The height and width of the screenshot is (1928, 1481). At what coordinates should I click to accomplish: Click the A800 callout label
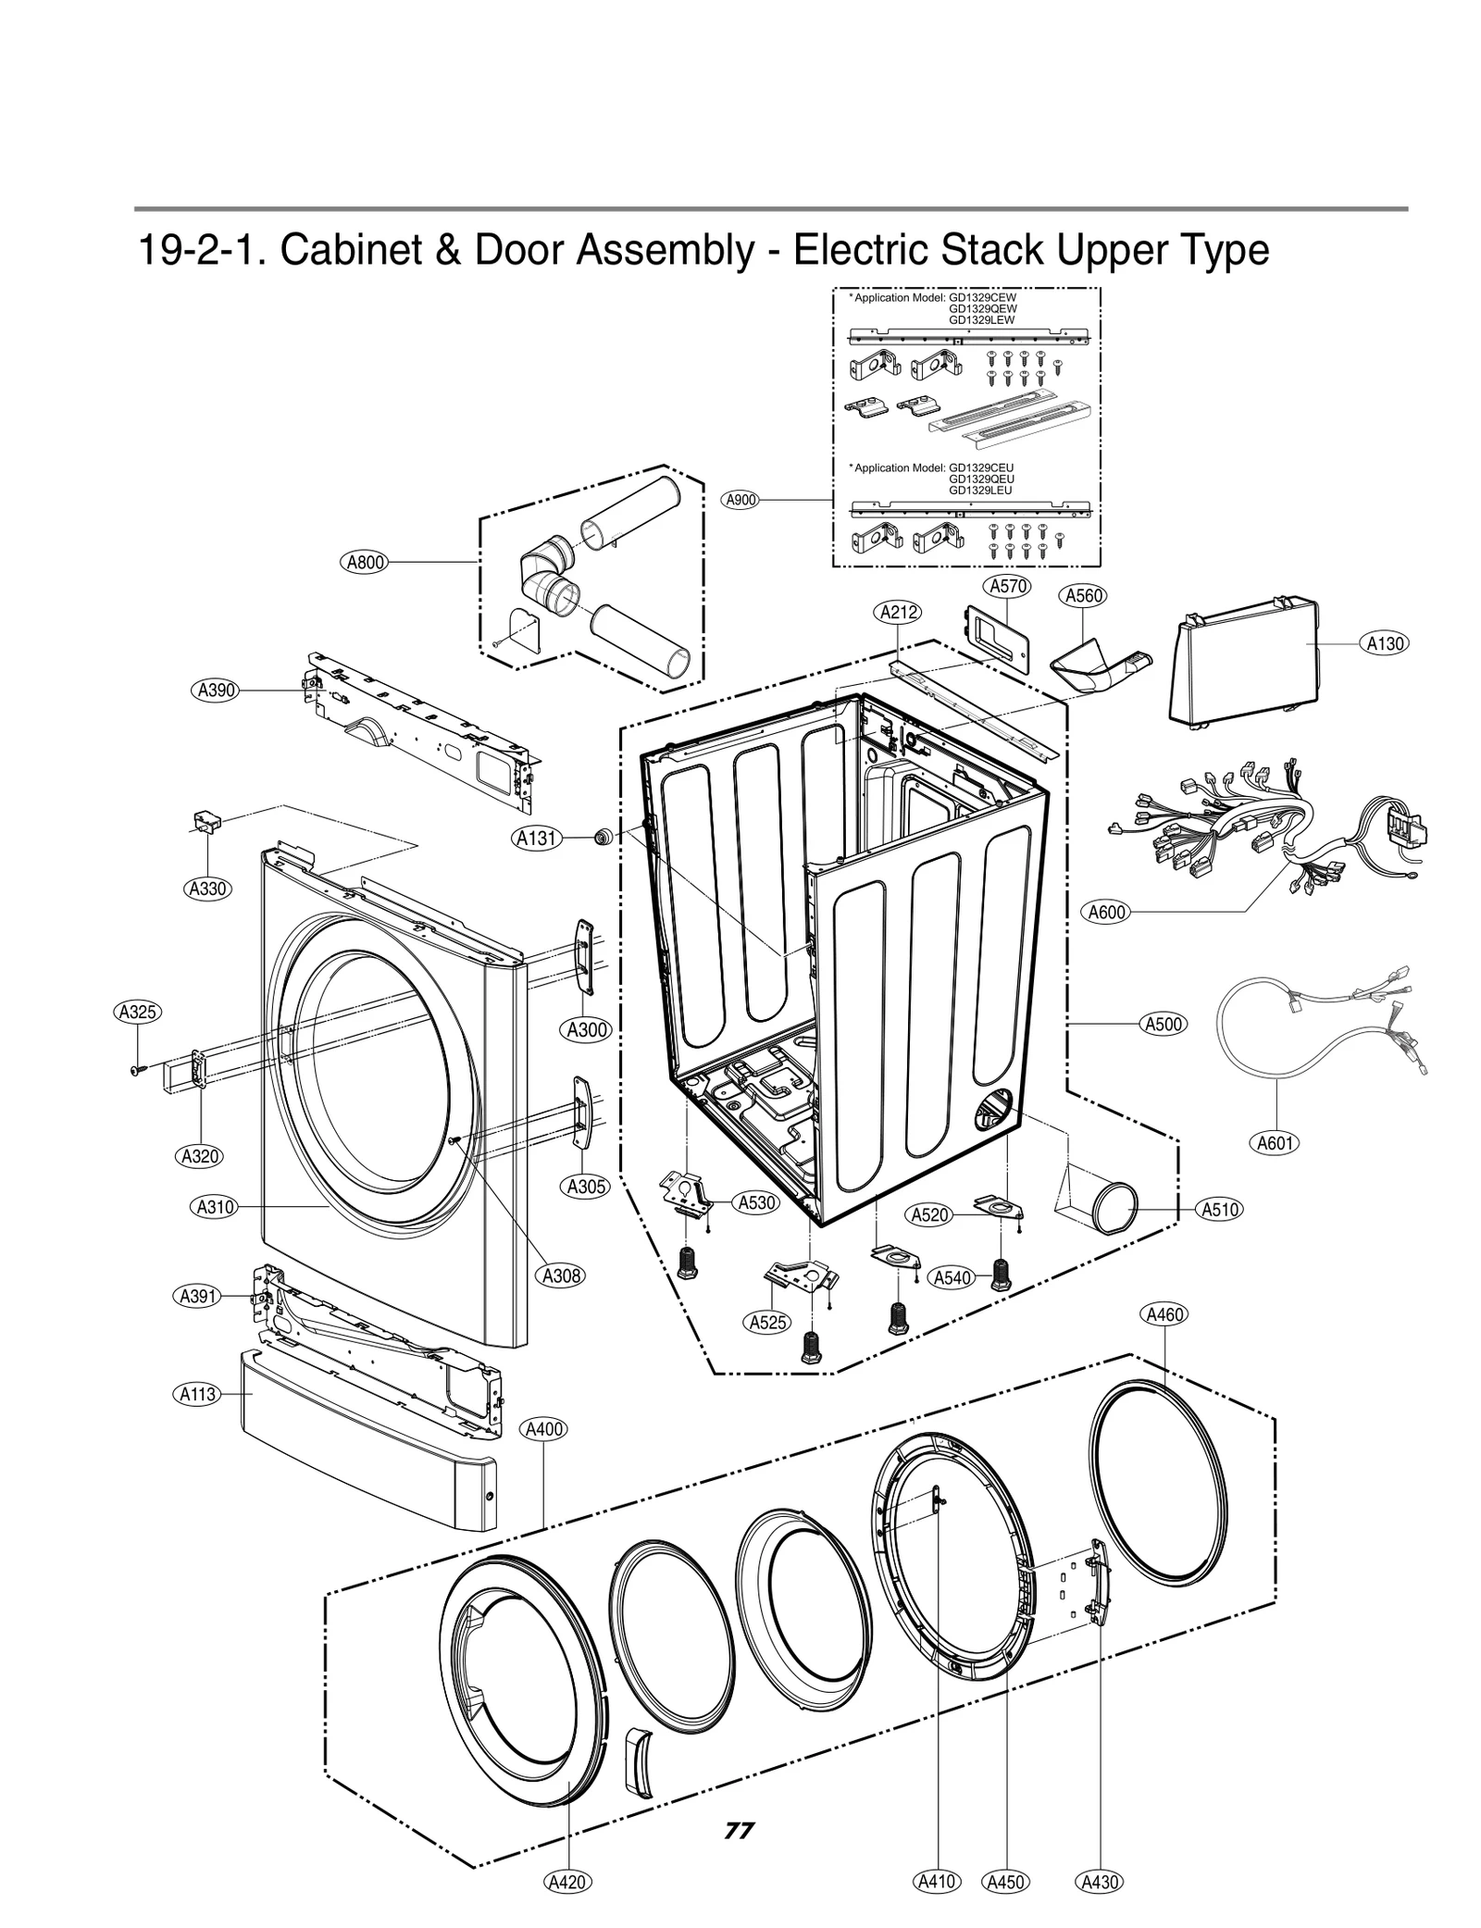[x=365, y=562]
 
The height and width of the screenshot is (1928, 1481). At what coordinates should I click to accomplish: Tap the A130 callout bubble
[x=1385, y=643]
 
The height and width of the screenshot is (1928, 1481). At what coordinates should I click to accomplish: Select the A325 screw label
[x=137, y=1012]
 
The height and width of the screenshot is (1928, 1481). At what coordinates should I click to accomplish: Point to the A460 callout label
[x=1164, y=1314]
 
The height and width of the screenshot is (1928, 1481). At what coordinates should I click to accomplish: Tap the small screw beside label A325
[x=138, y=1070]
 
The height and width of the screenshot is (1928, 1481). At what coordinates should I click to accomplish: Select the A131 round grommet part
[x=604, y=838]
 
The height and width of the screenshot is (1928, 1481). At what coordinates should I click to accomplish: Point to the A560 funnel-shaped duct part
[x=1097, y=663]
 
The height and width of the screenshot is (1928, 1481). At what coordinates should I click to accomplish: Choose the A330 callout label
[x=207, y=889]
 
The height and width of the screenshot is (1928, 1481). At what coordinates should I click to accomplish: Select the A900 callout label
[x=740, y=500]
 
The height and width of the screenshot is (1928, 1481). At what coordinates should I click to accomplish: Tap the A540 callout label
[x=952, y=1278]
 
